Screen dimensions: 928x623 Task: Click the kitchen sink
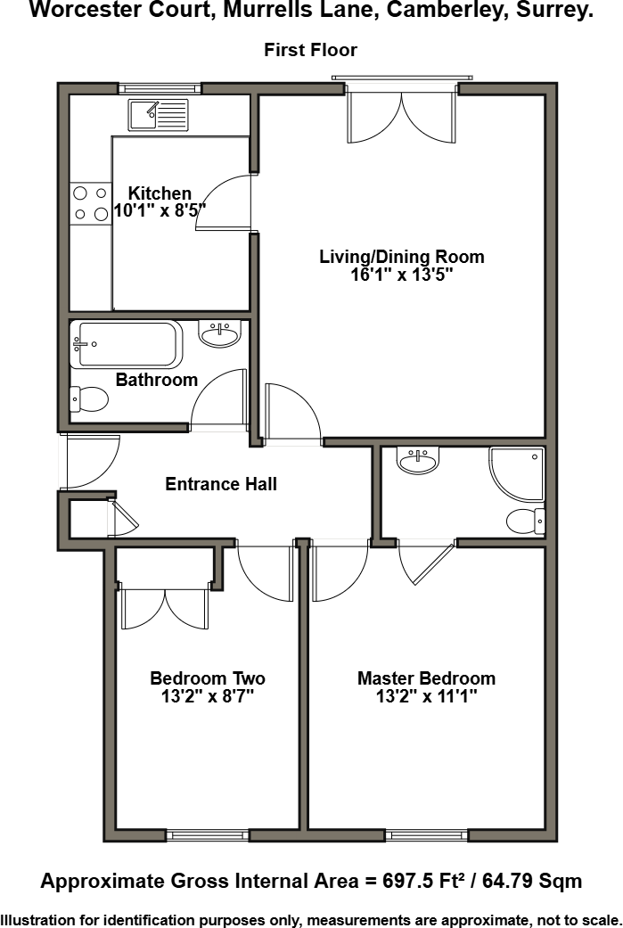point(158,116)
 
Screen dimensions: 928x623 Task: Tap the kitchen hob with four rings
point(90,202)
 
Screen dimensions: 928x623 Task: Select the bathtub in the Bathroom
point(127,344)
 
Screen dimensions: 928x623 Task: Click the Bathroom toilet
point(88,399)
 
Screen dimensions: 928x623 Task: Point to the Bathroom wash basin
point(219,335)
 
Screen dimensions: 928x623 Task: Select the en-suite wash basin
point(419,462)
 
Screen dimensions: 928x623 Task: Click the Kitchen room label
point(160,193)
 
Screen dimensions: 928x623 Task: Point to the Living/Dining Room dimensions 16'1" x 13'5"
point(402,275)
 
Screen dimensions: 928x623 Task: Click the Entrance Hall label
point(221,484)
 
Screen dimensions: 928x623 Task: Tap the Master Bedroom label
point(426,678)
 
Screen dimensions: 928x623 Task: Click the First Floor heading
point(310,50)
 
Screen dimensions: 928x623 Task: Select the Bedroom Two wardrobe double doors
point(165,609)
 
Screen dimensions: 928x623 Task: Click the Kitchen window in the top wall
point(160,88)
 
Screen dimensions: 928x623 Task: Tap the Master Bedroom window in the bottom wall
point(426,835)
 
